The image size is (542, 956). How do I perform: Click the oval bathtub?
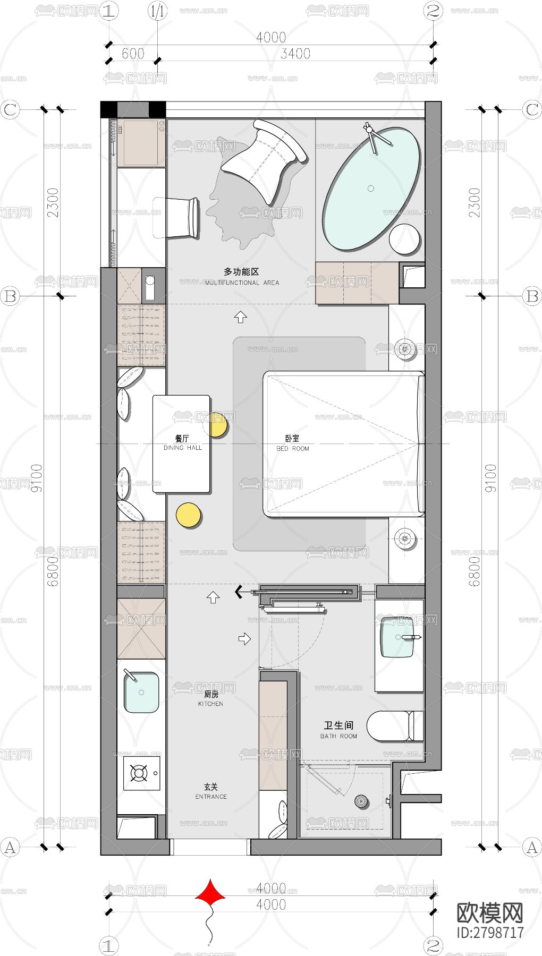click(371, 188)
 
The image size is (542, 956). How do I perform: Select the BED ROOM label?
click(292, 443)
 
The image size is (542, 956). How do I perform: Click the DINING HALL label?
click(182, 443)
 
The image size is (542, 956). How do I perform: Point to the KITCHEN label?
click(211, 698)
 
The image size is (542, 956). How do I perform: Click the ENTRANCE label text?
click(211, 796)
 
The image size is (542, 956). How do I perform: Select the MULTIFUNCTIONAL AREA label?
click(242, 283)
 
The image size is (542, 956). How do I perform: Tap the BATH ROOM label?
click(338, 736)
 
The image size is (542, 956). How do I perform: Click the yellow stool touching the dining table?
click(218, 424)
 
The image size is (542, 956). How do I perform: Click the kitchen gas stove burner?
click(139, 773)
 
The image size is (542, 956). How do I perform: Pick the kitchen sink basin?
click(141, 693)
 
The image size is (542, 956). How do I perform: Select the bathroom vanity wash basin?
click(397, 637)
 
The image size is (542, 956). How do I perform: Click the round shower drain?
click(361, 801)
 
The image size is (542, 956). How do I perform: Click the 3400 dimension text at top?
click(295, 53)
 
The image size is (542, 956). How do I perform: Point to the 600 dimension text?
click(133, 53)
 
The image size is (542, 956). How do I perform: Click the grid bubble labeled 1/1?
click(157, 11)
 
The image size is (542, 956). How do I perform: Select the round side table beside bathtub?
click(405, 240)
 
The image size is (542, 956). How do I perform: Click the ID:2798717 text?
click(490, 932)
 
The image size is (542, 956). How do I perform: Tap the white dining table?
click(182, 443)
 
